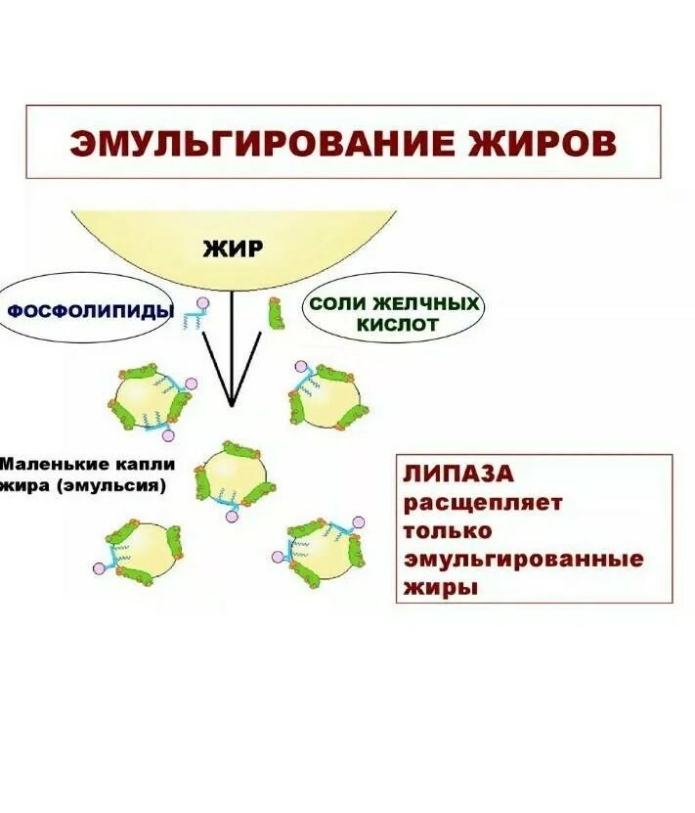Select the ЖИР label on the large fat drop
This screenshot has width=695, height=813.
[x=233, y=248]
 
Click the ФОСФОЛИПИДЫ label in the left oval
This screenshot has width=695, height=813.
[x=90, y=311]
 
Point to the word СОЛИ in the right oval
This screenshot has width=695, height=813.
[x=338, y=304]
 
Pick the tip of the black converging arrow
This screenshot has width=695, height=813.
[x=232, y=404]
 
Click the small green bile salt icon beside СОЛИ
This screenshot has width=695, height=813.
[x=277, y=313]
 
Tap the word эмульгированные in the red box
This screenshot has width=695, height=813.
[x=523, y=560]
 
